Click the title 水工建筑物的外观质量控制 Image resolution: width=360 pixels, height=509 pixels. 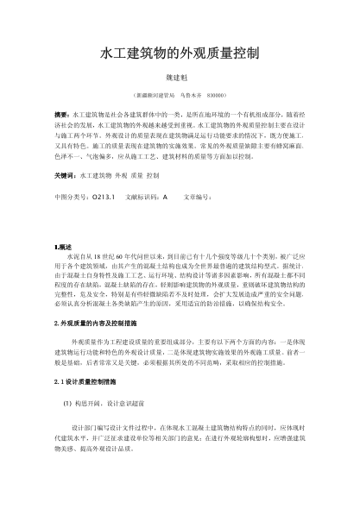click(180, 53)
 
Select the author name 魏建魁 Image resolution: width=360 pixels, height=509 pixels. click(180, 75)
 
